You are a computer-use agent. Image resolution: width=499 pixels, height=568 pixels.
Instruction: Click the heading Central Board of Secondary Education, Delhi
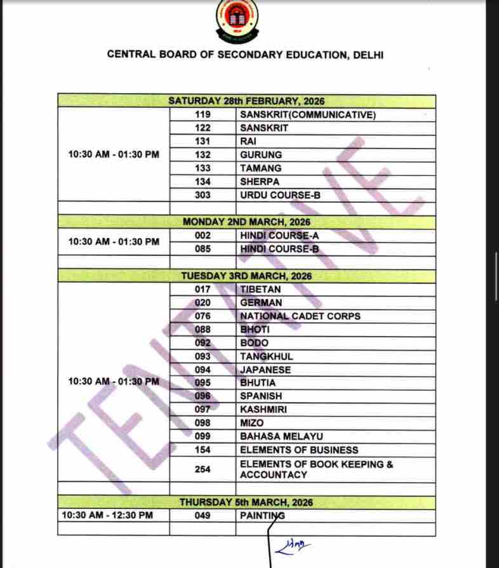tap(245, 55)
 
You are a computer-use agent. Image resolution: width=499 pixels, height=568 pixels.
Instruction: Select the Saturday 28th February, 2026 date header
tap(246, 101)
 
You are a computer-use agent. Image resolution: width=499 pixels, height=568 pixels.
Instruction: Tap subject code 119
tap(203, 115)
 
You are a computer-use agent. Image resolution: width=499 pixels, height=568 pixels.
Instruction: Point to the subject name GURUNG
tap(261, 155)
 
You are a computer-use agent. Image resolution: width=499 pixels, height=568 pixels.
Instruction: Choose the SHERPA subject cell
tap(260, 182)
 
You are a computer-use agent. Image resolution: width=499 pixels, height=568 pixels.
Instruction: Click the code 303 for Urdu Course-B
tap(203, 195)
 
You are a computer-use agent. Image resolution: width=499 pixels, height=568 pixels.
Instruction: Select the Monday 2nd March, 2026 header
tap(246, 222)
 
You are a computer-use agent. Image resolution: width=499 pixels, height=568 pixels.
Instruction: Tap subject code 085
tap(203, 249)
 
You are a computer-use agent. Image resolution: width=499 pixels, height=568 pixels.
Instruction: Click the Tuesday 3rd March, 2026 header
tap(246, 276)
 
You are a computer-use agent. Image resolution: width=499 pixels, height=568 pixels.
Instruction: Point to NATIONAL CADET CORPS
tap(300, 316)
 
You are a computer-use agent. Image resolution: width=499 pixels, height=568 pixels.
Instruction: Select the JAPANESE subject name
tap(265, 370)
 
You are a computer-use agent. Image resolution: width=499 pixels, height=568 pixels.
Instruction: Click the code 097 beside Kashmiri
tap(203, 410)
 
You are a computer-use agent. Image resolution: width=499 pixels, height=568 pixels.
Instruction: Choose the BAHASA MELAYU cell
tap(281, 436)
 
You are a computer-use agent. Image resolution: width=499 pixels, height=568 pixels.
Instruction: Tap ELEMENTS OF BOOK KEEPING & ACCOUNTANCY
tap(316, 470)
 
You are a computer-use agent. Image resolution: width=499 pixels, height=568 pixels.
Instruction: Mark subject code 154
tap(203, 450)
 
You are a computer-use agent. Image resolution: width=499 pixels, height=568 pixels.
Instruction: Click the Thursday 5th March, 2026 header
tap(246, 503)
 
